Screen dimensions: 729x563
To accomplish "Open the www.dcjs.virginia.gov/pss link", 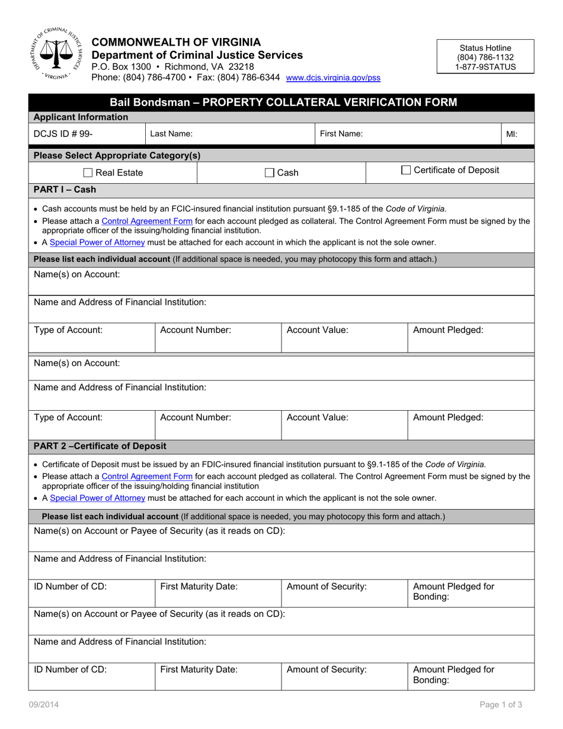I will [333, 78].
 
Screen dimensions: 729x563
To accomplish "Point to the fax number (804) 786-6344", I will [249, 77].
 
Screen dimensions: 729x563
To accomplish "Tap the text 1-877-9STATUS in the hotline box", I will [485, 67].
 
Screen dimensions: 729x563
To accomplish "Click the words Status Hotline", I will [485, 48].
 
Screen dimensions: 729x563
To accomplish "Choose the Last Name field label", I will [171, 134].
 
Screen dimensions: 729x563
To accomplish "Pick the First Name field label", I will [341, 134].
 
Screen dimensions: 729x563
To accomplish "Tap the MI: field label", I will [511, 134].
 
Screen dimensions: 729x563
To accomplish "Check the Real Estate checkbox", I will [88, 173].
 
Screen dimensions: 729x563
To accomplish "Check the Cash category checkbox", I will [270, 173].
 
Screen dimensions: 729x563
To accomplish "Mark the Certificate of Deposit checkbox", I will [406, 171].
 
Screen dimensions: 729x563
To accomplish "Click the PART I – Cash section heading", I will [65, 190].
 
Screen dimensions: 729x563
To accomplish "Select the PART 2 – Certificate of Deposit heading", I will [100, 446].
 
